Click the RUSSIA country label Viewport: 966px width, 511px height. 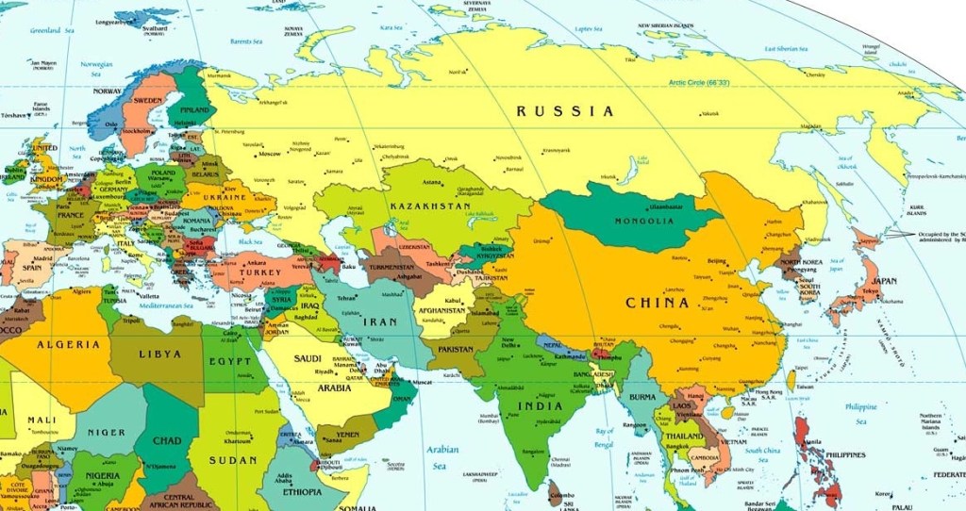point(565,111)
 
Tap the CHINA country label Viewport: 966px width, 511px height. point(658,304)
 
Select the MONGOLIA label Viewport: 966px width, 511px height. point(644,222)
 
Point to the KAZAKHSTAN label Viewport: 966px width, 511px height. point(432,206)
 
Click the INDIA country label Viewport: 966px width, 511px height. point(541,406)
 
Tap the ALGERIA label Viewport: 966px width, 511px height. point(69,344)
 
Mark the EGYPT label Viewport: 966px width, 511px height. point(231,361)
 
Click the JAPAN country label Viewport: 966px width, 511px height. point(884,281)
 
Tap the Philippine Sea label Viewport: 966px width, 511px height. point(860,412)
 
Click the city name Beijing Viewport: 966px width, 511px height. point(717,261)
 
